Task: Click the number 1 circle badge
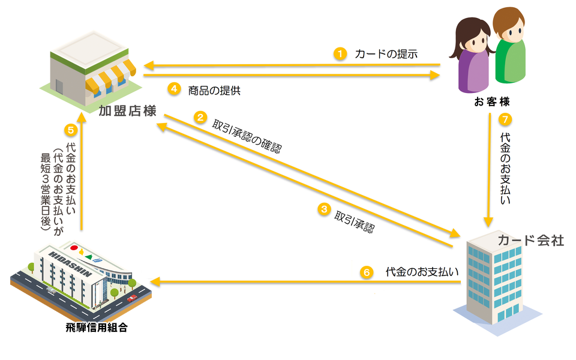pyautogui.click(x=340, y=53)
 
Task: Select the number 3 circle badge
pyautogui.click(x=324, y=209)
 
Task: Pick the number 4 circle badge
pyautogui.click(x=173, y=89)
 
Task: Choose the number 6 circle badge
pyautogui.click(x=367, y=272)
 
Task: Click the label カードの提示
pyautogui.click(x=386, y=54)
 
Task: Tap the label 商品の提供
pyautogui.click(x=214, y=90)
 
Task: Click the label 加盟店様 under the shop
pyautogui.click(x=128, y=111)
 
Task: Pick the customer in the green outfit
pyautogui.click(x=509, y=48)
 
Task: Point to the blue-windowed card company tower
pyautogui.click(x=496, y=276)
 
